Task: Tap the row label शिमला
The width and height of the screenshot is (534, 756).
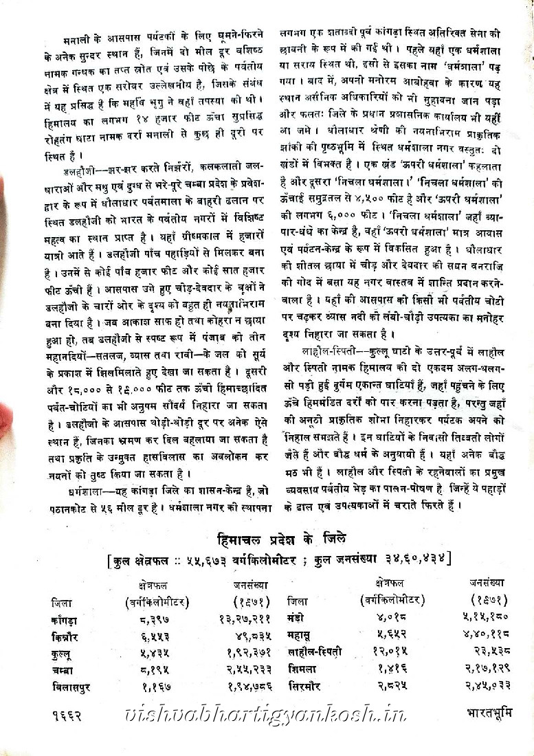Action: (x=302, y=667)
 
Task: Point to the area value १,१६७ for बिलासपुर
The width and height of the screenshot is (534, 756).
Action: (x=157, y=685)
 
